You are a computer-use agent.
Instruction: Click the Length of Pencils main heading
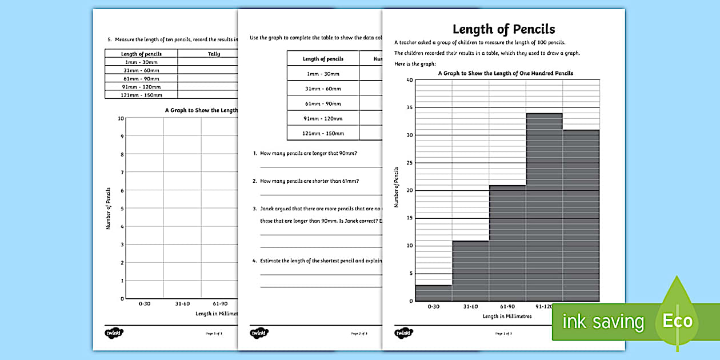click(503, 29)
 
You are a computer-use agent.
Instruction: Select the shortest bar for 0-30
click(434, 293)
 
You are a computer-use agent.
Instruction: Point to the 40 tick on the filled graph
click(409, 80)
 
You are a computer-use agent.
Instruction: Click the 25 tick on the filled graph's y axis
click(409, 163)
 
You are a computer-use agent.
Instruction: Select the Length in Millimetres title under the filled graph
click(507, 316)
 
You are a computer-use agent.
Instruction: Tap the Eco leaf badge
click(677, 321)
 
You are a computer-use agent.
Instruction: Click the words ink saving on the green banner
click(603, 322)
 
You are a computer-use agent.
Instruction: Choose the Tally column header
click(214, 54)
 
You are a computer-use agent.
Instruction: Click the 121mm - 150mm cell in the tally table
click(141, 95)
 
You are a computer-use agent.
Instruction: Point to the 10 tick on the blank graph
click(121, 118)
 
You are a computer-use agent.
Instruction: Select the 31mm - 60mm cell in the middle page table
click(323, 89)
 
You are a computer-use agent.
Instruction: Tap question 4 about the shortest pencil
click(320, 261)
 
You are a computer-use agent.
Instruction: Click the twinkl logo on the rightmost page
click(403, 333)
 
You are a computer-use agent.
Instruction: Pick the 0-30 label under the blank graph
click(145, 304)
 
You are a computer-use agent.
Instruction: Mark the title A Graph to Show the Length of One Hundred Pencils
click(505, 73)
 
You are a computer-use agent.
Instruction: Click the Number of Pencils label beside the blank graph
click(108, 209)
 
